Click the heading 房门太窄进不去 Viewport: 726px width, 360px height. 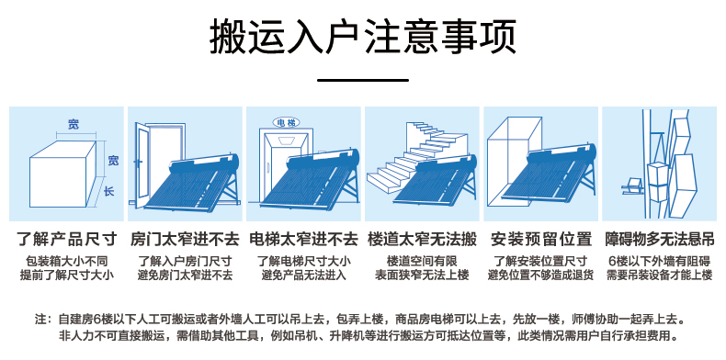coord(185,240)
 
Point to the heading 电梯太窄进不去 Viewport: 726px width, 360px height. coord(304,240)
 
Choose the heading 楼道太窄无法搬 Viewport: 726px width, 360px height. coord(422,240)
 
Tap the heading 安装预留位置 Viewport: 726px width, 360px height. coord(540,240)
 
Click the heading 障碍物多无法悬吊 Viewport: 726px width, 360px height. coord(659,240)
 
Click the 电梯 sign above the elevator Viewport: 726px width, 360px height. coord(287,122)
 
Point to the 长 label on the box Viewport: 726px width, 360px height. coord(108,192)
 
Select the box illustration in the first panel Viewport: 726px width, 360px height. coord(62,170)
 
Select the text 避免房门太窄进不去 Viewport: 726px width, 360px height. coord(185,276)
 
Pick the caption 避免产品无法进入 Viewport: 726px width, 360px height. coord(304,276)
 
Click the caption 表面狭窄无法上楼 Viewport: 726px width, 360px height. coord(422,276)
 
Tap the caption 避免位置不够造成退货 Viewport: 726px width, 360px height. coord(540,276)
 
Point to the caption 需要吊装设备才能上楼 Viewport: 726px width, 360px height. coord(659,276)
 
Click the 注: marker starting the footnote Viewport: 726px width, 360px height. coord(42,320)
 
